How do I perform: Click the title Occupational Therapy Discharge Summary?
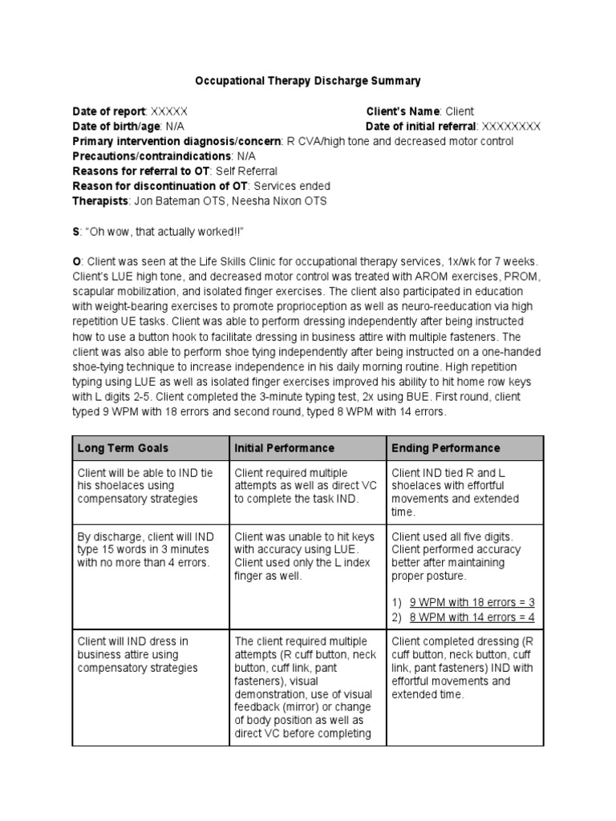point(308,81)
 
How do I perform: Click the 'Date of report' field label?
point(108,111)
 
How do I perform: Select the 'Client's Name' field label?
point(403,111)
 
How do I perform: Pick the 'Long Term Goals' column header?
point(123,447)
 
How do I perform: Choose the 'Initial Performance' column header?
point(284,447)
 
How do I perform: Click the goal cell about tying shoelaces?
point(146,486)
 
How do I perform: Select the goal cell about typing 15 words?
point(146,550)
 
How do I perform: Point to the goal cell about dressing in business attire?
point(146,654)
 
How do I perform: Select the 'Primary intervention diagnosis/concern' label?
point(176,142)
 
